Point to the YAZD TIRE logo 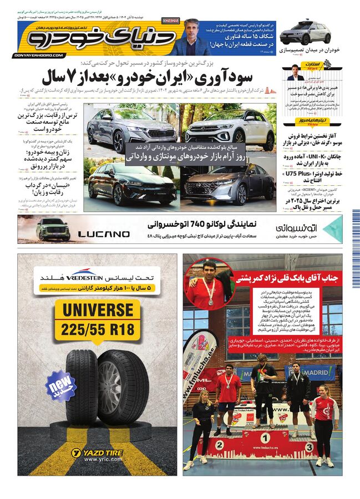98,454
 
